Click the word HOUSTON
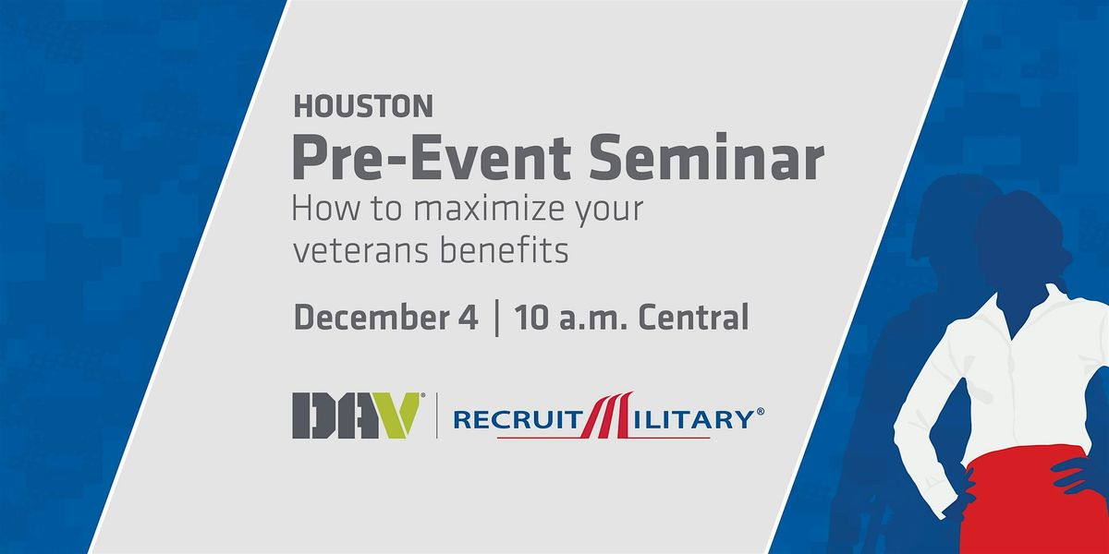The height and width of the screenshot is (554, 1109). click(x=362, y=107)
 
